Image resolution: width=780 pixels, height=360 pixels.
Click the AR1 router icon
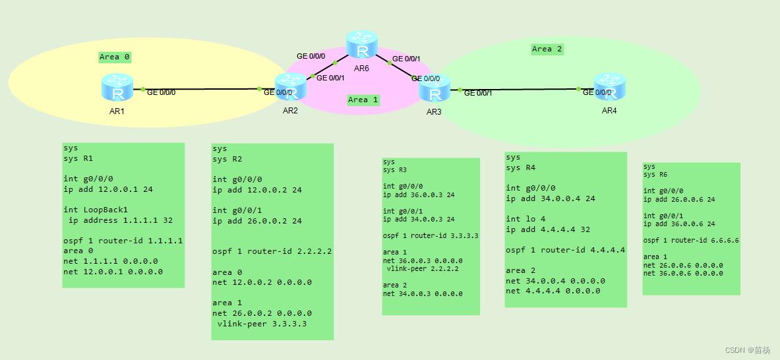click(117, 88)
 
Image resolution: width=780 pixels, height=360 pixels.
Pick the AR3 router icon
click(435, 89)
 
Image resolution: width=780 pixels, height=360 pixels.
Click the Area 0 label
click(115, 57)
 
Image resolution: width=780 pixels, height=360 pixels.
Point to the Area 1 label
click(363, 100)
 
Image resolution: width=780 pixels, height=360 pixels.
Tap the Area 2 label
click(547, 49)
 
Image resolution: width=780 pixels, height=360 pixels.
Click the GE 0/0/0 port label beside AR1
click(161, 92)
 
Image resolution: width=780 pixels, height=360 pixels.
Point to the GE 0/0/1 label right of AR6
click(406, 59)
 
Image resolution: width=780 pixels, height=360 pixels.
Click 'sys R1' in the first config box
click(78, 159)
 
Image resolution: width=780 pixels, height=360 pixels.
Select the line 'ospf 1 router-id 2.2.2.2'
click(272, 251)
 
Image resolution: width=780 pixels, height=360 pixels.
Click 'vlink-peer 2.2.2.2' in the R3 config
click(422, 268)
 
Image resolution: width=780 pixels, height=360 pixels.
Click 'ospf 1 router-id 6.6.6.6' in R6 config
click(690, 241)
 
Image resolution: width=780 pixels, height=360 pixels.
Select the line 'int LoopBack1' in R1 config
click(96, 210)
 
